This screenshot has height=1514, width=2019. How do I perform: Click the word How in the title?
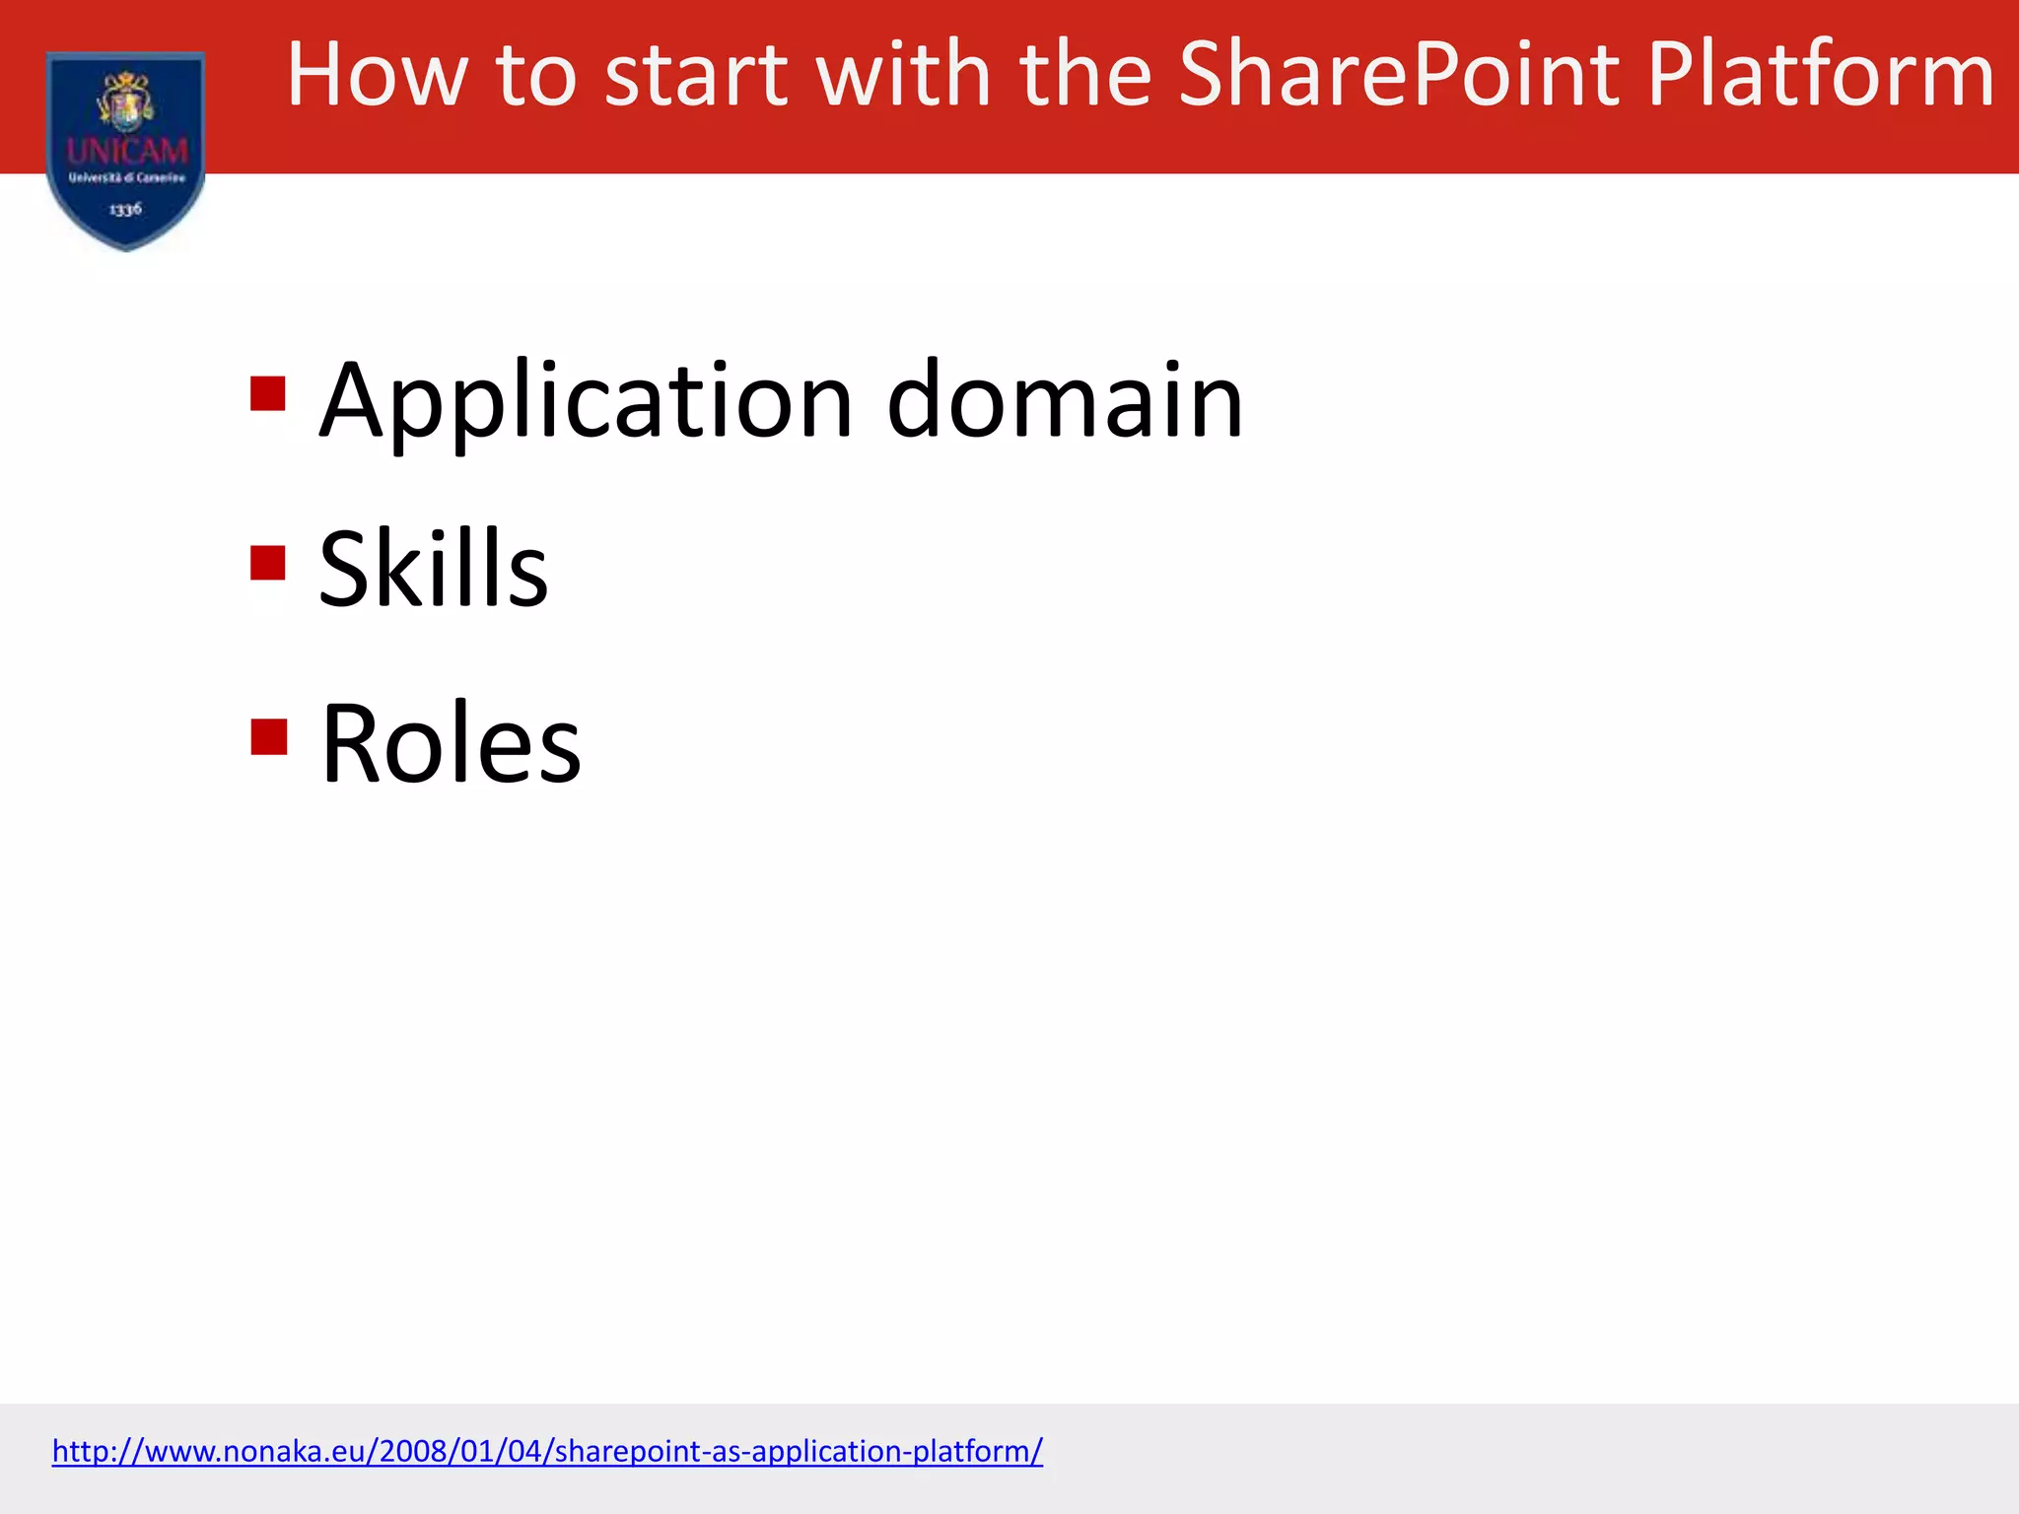pos(376,75)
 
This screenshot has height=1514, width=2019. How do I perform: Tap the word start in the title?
pos(696,75)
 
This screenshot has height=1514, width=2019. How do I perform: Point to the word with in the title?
pos(903,75)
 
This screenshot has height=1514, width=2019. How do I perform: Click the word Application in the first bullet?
pos(586,402)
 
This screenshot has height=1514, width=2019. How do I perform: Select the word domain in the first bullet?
pos(1065,402)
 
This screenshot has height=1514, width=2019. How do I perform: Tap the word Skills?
pos(434,570)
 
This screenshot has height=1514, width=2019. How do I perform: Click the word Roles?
pos(452,743)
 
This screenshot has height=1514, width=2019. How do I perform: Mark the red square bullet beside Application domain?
pos(268,393)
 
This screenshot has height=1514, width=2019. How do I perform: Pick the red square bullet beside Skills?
pos(268,563)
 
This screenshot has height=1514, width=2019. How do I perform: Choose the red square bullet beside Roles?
pos(268,736)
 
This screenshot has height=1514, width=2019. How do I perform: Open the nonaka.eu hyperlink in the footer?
pos(547,1451)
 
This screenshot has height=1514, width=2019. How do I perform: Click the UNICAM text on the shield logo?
pos(127,151)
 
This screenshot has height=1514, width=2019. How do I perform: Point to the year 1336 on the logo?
pos(125,209)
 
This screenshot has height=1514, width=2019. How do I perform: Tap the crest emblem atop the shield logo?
pos(126,100)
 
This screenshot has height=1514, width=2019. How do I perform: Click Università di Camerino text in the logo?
pos(126,178)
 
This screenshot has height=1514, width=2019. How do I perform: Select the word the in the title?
pos(1084,75)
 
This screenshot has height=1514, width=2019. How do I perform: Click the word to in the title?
pos(536,75)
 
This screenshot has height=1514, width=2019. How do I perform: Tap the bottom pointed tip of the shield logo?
pos(126,246)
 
